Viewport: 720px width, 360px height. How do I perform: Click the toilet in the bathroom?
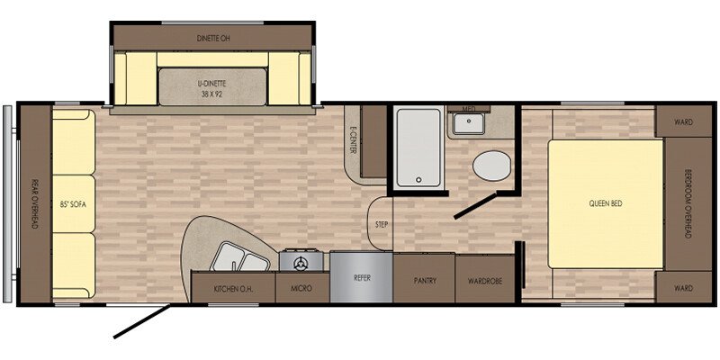pyautogui.click(x=491, y=166)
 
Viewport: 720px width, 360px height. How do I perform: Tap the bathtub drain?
pyautogui.click(x=418, y=179)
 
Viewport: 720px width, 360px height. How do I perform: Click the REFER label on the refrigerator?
pyautogui.click(x=362, y=278)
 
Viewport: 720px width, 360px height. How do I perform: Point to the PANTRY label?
pyautogui.click(x=425, y=281)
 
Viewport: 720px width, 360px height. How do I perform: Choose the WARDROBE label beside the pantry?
pyautogui.click(x=484, y=281)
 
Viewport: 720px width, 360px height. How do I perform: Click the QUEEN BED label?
pyautogui.click(x=606, y=203)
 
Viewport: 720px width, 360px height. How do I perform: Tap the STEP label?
pyautogui.click(x=382, y=224)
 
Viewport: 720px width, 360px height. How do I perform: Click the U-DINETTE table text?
pyautogui.click(x=212, y=87)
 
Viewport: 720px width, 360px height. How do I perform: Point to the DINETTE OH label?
pyautogui.click(x=213, y=39)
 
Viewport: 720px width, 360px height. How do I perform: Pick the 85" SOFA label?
pyautogui.click(x=74, y=204)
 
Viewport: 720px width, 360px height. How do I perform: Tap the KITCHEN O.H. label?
pyautogui.click(x=233, y=289)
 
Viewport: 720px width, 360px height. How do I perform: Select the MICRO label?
pyautogui.click(x=301, y=288)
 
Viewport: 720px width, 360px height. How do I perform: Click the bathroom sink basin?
pyautogui.click(x=468, y=122)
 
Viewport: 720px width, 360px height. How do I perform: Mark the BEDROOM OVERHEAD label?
pyautogui.click(x=688, y=203)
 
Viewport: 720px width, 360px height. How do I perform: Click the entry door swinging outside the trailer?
pyautogui.click(x=142, y=321)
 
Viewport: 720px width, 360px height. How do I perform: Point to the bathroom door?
pyautogui.click(x=474, y=206)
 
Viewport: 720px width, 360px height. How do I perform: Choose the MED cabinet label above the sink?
pyautogui.click(x=468, y=109)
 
